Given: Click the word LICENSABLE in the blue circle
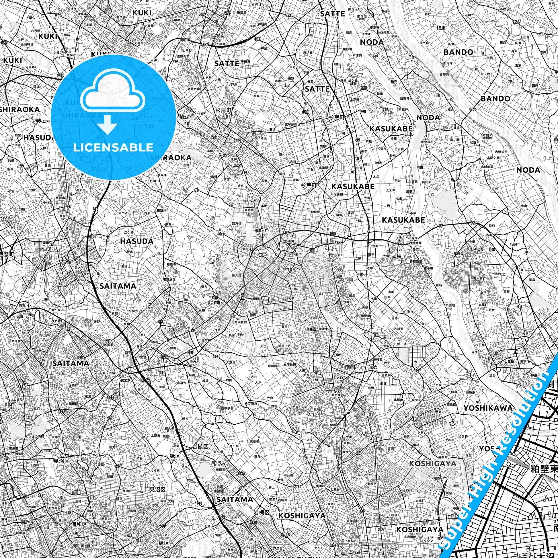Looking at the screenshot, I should (x=113, y=147).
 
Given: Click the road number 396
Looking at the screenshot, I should (x=61, y=75).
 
